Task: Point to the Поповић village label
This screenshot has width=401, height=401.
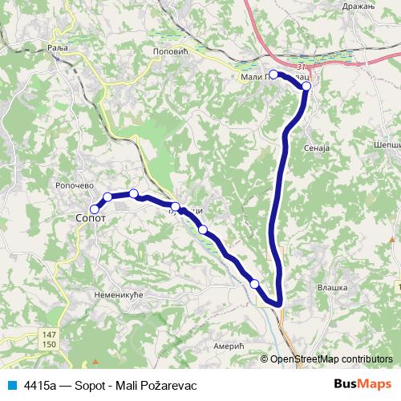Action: [168, 50]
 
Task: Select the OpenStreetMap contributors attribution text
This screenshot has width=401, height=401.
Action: [330, 359]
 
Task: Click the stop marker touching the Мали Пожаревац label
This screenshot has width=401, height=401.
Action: [273, 75]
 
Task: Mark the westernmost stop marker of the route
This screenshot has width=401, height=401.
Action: [95, 209]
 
